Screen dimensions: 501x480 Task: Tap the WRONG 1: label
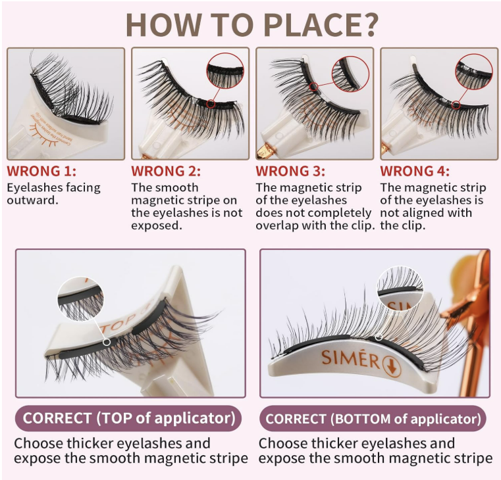(41, 171)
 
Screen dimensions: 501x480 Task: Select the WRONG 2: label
(166, 171)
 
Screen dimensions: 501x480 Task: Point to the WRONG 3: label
(290, 171)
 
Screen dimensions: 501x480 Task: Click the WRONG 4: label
(415, 171)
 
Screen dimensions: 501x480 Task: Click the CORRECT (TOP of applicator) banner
(128, 418)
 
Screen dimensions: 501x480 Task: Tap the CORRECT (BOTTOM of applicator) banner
(373, 418)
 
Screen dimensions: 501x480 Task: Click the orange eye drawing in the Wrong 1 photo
(44, 135)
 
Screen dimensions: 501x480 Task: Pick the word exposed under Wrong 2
(157, 226)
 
